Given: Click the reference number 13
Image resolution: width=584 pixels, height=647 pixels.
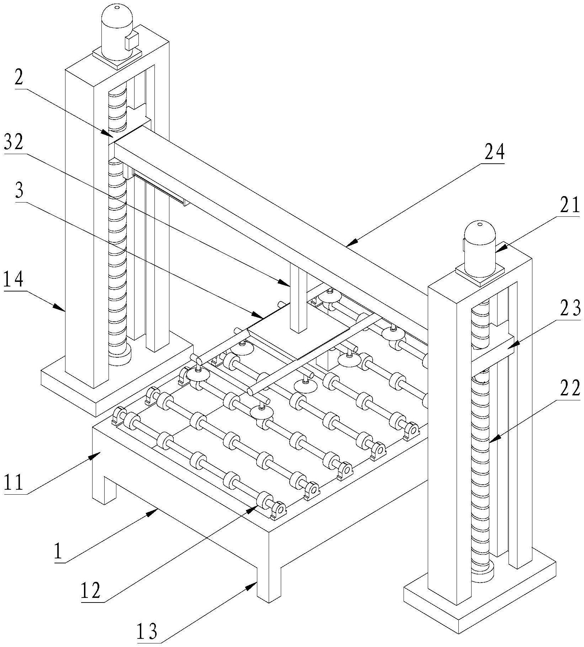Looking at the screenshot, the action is tap(147, 629).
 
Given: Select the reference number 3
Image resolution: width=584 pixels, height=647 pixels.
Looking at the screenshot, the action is tap(20, 191).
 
